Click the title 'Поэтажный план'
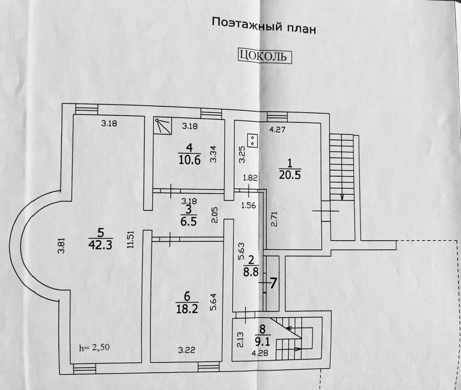pos(264,26)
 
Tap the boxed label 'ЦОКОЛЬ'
pos(264,56)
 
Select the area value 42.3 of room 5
pos(101,244)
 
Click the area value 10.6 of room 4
pos(190,160)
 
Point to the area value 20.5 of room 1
pos(290,175)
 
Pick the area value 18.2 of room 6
pos(187,309)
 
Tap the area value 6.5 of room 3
pos(189,221)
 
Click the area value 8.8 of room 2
pos(251,272)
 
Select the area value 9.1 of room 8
pos(262,341)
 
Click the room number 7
pos(273,283)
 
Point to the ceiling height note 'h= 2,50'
pos(94,347)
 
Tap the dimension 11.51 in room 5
pos(131,240)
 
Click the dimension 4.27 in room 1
pos(277,129)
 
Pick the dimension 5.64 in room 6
pos(213,302)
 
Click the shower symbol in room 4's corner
pos(163,126)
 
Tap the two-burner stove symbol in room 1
pos(253,141)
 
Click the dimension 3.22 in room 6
pos(187,350)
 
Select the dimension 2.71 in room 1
pos(274,219)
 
